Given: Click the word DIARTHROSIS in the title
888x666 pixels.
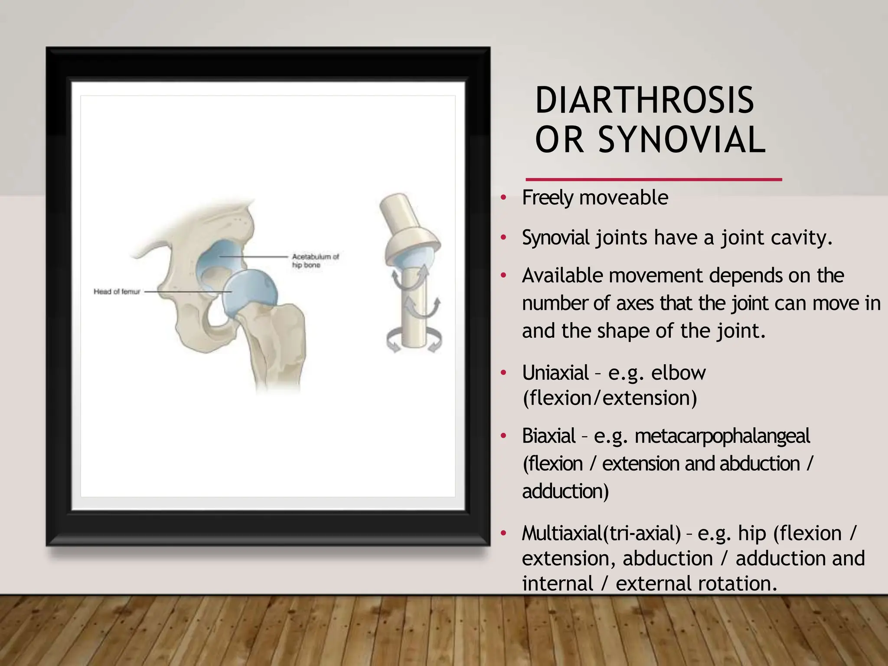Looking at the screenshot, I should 644,101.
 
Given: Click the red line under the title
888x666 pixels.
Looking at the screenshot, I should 653,179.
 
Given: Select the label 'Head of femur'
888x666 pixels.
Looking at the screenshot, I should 117,292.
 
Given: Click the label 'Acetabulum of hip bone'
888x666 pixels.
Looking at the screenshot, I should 315,261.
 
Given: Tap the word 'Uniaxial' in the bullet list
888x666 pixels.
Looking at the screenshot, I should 555,373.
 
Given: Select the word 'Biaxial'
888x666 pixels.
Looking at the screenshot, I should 548,436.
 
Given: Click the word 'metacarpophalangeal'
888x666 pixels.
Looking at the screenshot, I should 722,436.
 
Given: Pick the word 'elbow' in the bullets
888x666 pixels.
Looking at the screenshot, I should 678,373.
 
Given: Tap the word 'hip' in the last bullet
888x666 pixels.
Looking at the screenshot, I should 752,533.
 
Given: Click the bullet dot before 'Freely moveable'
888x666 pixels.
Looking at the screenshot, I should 503,198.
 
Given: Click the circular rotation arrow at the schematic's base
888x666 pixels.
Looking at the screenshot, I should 414,340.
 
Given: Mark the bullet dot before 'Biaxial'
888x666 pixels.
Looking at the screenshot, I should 503,436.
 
